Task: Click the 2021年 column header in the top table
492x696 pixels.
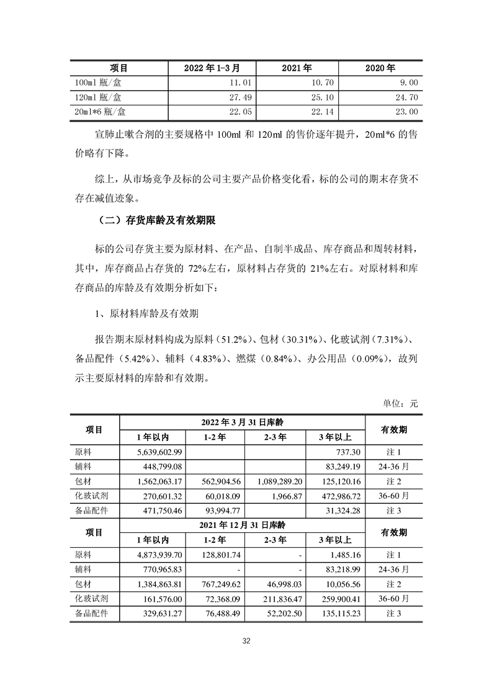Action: [297, 68]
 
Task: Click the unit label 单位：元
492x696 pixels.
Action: [401, 403]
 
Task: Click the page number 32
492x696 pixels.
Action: [246, 641]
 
